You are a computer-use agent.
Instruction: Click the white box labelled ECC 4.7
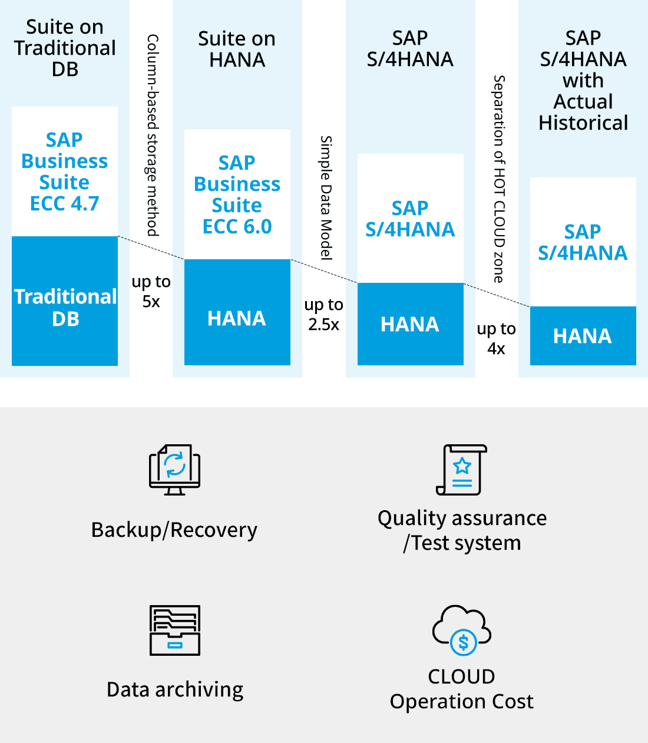(65, 171)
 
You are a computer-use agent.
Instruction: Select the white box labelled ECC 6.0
(237, 194)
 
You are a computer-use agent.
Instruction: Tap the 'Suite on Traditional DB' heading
(65, 48)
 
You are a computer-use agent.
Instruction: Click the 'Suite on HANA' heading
(237, 49)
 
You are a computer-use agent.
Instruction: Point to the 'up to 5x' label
(151, 292)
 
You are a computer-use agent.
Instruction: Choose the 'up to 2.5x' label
(324, 315)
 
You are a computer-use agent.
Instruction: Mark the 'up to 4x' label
(497, 339)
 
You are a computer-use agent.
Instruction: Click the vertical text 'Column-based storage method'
(152, 135)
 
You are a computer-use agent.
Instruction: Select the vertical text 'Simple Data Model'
(326, 198)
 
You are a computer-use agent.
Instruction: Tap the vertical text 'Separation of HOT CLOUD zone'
(499, 179)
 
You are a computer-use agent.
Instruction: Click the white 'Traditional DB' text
(65, 308)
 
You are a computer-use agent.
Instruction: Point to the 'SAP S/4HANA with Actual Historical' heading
(583, 81)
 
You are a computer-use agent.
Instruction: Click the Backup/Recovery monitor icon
(175, 470)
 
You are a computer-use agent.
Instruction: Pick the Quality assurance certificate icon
(462, 470)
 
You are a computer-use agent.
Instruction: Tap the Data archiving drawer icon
(175, 630)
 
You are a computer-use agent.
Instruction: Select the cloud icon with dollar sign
(462, 630)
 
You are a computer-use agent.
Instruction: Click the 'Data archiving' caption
(175, 690)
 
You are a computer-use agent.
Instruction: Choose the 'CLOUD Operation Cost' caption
(462, 689)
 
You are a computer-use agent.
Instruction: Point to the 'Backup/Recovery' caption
(174, 530)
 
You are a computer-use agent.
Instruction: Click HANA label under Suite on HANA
(237, 319)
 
